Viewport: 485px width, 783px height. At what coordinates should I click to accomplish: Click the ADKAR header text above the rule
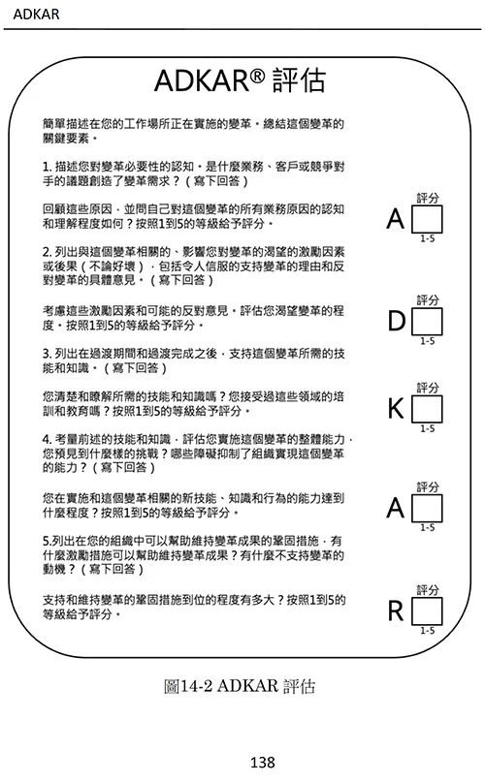[36, 14]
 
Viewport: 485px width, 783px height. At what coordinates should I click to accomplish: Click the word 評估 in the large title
[299, 80]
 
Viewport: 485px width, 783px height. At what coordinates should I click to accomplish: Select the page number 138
[263, 762]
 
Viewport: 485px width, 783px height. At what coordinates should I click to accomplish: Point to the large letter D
[397, 321]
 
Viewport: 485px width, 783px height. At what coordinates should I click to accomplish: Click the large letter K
[396, 409]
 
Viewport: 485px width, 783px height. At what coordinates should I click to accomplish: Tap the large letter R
[396, 611]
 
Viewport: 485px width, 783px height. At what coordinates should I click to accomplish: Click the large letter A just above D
[396, 219]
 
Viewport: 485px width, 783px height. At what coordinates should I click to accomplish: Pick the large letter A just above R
[396, 508]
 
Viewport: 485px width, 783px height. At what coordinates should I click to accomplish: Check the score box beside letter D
[427, 321]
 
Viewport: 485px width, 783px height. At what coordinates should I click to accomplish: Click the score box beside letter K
[427, 409]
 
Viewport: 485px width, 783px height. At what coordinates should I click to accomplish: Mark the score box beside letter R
[427, 611]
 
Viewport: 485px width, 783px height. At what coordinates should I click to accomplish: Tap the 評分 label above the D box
[428, 300]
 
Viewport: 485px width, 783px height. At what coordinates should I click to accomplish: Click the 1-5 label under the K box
[428, 428]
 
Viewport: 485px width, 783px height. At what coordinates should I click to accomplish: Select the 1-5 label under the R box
[428, 631]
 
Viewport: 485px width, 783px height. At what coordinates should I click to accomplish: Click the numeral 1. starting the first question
[47, 167]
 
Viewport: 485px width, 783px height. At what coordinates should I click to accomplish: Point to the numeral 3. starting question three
[47, 354]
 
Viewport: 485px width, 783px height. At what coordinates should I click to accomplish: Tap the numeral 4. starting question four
[47, 439]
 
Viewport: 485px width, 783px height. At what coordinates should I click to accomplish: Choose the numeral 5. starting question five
[47, 541]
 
